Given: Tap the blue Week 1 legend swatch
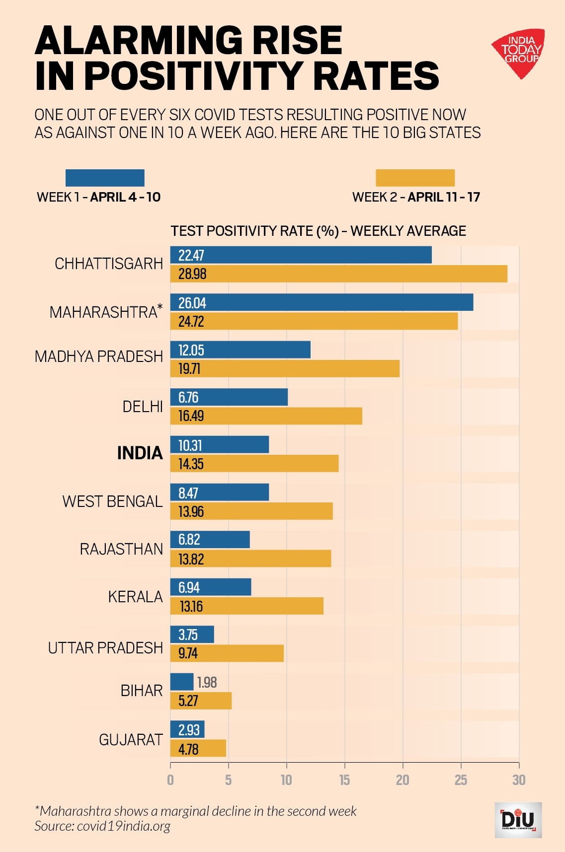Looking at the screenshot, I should pos(105,178).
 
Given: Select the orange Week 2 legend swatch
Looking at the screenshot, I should pos(415,178).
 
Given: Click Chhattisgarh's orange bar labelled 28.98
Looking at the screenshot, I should pos(338,274).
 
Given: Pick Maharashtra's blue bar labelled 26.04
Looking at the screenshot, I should pos(322,302).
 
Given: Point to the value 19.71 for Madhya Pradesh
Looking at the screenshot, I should pos(189,369).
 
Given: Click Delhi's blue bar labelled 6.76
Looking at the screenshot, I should pos(229,397).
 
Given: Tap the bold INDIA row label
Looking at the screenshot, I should pos(140,453).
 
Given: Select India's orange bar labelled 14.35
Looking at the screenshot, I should pos(254,464).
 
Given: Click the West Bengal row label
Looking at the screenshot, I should pos(112,501).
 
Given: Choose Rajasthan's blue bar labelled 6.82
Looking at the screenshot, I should pos(210,540).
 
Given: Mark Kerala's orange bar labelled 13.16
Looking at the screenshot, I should pos(246,606).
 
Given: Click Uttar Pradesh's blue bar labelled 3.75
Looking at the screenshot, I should pos(192,635).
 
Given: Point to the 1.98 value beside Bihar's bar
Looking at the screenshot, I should pos(207,683).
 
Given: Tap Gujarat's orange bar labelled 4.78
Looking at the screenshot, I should pos(198,749).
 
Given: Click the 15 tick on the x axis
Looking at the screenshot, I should pos(344,780).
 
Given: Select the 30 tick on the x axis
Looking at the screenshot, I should pos(519,780).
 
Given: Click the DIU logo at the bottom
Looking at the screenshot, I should pos(518,819).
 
